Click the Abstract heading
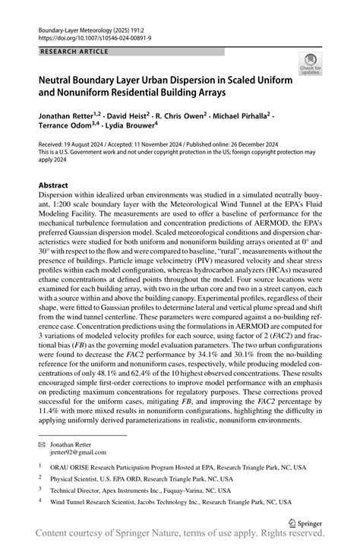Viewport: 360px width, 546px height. pos(54,185)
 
